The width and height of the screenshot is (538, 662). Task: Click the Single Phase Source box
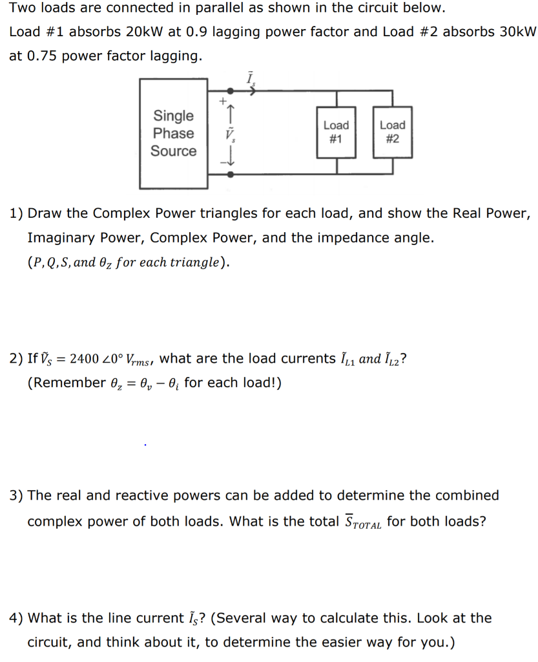[x=173, y=133]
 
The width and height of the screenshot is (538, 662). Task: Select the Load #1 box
[x=336, y=132]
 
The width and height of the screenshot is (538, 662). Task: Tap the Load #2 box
[x=392, y=132]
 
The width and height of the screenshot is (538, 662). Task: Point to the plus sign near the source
[x=222, y=101]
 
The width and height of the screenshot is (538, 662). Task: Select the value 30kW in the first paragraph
[x=518, y=32]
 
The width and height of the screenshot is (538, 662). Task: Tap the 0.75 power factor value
[x=43, y=56]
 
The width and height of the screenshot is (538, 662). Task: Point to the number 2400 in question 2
[x=84, y=359]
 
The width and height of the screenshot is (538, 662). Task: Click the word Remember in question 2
[x=66, y=383]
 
